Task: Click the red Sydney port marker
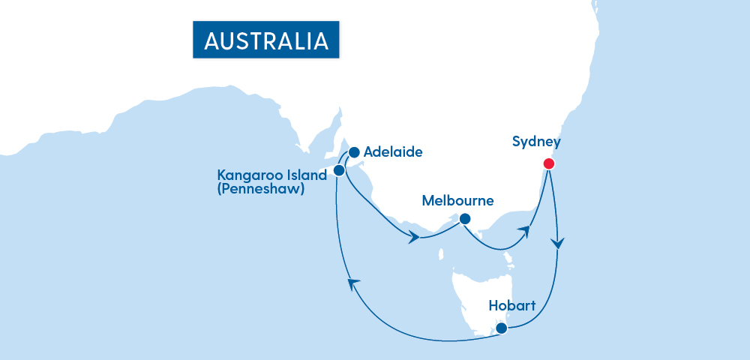(x=548, y=163)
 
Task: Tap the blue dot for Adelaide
(x=354, y=151)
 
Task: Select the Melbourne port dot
(x=464, y=219)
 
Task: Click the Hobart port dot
(x=502, y=327)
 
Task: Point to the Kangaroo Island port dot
(x=339, y=170)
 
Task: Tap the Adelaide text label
(x=393, y=152)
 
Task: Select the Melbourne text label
(x=457, y=200)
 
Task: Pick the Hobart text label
(x=512, y=306)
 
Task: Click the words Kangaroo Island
(x=271, y=175)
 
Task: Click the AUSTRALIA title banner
(x=266, y=40)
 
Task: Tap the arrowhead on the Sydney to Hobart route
(x=558, y=244)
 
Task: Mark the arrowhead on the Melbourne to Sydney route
(x=525, y=232)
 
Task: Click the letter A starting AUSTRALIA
(x=212, y=40)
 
